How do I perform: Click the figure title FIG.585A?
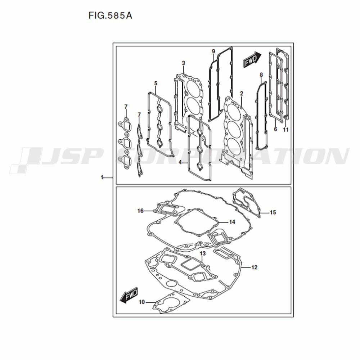(110, 15)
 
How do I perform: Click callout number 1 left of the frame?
(102, 177)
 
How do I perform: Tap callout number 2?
(241, 94)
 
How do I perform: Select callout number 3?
(183, 63)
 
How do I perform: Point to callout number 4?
(180, 163)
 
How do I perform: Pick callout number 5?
(156, 84)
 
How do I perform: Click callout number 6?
(275, 129)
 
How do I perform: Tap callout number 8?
(261, 75)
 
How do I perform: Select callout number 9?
(213, 51)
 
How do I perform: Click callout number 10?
(142, 302)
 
